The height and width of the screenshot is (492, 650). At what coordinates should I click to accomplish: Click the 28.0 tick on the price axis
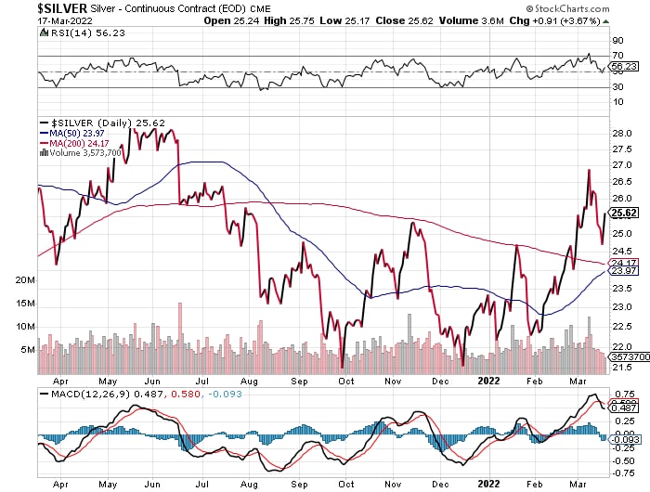pos(622,133)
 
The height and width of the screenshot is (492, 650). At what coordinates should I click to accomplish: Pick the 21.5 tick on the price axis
pos(622,369)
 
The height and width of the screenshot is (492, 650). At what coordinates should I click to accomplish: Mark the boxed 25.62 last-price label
pos(622,213)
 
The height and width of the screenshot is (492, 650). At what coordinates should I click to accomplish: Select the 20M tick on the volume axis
pos(25,279)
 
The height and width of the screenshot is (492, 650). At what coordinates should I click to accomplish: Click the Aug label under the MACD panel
pos(248,483)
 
